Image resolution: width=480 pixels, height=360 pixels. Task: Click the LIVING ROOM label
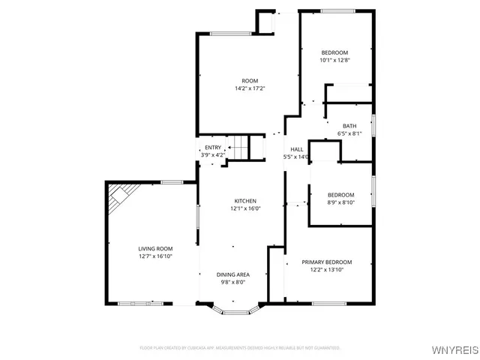pos(155,248)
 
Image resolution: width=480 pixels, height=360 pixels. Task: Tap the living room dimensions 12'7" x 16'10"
pos(155,256)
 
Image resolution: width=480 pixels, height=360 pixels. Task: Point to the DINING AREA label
pos(233,274)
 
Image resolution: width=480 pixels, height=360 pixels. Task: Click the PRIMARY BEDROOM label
pos(326,262)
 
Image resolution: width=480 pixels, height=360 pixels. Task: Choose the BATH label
pos(349,126)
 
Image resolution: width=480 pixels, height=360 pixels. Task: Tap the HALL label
pos(297,149)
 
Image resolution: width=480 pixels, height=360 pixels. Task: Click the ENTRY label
pos(213,148)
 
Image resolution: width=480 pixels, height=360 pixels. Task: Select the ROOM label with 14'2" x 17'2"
pos(250,81)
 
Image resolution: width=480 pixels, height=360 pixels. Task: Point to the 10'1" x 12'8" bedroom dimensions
pos(334,60)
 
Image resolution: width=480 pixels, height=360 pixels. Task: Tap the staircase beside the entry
pos(247,147)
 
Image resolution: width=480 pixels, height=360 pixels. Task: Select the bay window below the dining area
pos(236,308)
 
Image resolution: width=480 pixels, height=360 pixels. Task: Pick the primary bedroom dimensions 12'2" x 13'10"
pos(326,270)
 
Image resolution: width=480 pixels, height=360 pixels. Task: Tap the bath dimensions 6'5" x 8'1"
pos(349,134)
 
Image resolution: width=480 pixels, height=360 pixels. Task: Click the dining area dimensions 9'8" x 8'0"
pos(233,283)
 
